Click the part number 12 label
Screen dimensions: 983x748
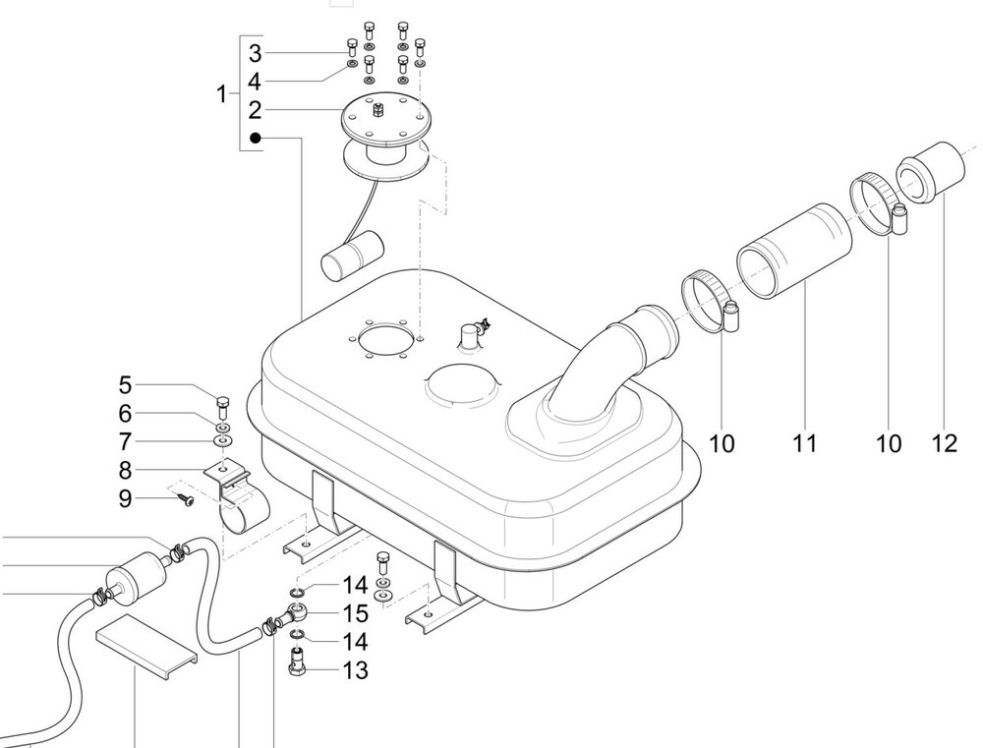[x=945, y=444]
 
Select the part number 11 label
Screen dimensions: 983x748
[x=805, y=444]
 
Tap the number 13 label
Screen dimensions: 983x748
[x=355, y=670]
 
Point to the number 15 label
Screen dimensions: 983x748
[x=355, y=613]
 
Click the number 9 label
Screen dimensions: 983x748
[x=126, y=499]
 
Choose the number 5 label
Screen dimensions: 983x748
[x=126, y=385]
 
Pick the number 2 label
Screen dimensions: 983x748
[x=255, y=110]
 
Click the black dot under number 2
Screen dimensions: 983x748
[x=256, y=138]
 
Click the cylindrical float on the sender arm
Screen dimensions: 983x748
[x=351, y=254]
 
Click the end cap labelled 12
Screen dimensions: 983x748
[x=930, y=172]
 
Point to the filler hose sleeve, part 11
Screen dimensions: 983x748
[x=794, y=251]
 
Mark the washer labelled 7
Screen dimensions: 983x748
[x=223, y=441]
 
